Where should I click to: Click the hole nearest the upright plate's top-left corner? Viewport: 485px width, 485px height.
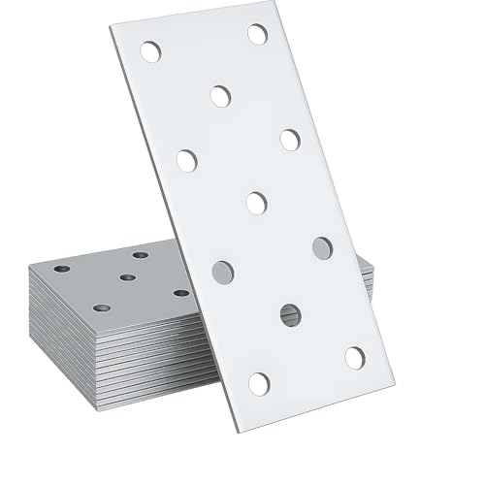click(150, 51)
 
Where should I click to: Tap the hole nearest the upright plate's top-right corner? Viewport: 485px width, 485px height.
click(257, 34)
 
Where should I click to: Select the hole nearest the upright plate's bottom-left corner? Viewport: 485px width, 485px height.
click(259, 383)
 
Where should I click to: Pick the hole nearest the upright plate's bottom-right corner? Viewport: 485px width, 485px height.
click(355, 358)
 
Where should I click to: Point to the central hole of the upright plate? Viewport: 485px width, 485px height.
click(256, 203)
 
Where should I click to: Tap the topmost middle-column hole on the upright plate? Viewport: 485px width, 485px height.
click(220, 95)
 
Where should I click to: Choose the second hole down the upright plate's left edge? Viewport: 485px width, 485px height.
click(187, 160)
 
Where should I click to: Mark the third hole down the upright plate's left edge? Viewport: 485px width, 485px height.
click(223, 273)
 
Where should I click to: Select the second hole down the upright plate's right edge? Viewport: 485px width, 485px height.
click(290, 140)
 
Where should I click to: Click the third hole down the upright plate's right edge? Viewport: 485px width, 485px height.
click(323, 247)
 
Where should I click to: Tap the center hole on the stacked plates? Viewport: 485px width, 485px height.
click(127, 277)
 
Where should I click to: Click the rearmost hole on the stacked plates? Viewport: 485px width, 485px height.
click(141, 255)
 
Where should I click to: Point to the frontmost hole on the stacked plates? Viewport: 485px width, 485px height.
click(101, 307)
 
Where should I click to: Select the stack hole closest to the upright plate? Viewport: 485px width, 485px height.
click(181, 292)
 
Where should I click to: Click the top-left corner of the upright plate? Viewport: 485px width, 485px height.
click(110, 27)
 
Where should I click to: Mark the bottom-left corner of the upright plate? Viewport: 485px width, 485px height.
click(236, 431)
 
